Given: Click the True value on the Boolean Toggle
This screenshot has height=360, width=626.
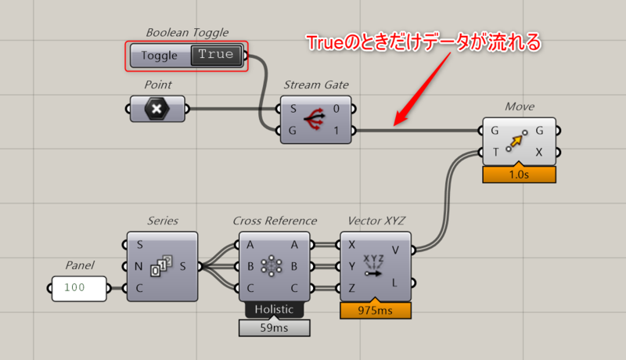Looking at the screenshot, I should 216,55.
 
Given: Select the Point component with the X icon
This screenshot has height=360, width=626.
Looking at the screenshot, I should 157,109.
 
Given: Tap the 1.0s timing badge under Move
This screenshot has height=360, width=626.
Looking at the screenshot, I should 519,175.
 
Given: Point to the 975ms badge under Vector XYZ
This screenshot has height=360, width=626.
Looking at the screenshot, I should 376,311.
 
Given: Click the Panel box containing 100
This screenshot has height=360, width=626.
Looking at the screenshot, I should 79,288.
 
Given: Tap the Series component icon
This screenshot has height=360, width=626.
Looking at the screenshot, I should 162,266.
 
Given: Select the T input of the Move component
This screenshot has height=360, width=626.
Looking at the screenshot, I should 495,152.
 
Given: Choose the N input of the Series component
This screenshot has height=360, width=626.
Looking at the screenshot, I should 139,266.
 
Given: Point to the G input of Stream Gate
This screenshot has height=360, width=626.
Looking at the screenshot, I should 293,130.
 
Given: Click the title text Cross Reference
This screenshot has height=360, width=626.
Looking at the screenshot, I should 274,221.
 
